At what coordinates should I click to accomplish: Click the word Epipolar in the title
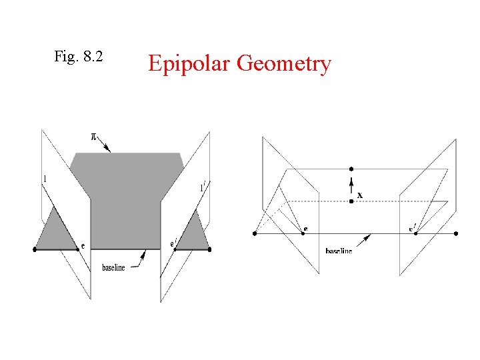189,64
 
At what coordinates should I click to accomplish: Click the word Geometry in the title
283,64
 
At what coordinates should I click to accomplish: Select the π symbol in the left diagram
94,137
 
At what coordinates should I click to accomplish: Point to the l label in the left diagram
44,179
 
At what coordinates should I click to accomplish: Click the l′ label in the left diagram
202,187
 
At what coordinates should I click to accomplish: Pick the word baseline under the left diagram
113,267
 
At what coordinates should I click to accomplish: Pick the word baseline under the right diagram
339,251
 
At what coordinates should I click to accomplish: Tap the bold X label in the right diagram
360,195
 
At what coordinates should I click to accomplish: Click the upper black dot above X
351,170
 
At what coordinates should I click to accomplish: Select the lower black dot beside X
351,201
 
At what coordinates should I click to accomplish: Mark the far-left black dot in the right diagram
255,233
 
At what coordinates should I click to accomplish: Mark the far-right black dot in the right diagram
456,233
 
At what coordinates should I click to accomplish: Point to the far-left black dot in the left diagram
35,249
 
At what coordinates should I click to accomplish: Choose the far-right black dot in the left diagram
209,249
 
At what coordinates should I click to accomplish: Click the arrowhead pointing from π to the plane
109,151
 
